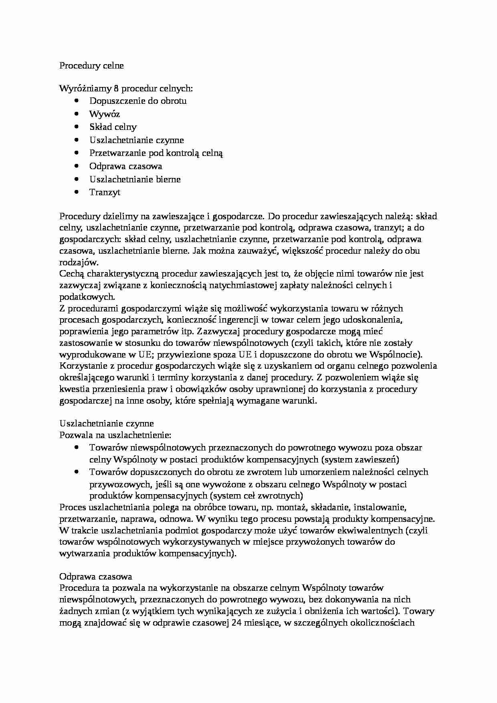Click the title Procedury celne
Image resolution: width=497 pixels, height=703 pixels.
(x=91, y=66)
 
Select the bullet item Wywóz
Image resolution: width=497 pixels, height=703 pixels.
(x=104, y=114)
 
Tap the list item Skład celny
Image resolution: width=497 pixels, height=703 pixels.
(x=113, y=127)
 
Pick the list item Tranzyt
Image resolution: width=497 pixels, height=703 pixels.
(x=105, y=192)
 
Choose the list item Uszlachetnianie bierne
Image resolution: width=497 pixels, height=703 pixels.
(x=135, y=179)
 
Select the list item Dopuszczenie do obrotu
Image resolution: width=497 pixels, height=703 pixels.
(x=138, y=101)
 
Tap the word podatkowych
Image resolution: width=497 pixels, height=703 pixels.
(x=87, y=297)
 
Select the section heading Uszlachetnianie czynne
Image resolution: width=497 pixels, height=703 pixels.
(x=106, y=423)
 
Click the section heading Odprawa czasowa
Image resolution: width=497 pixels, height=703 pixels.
(x=95, y=576)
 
